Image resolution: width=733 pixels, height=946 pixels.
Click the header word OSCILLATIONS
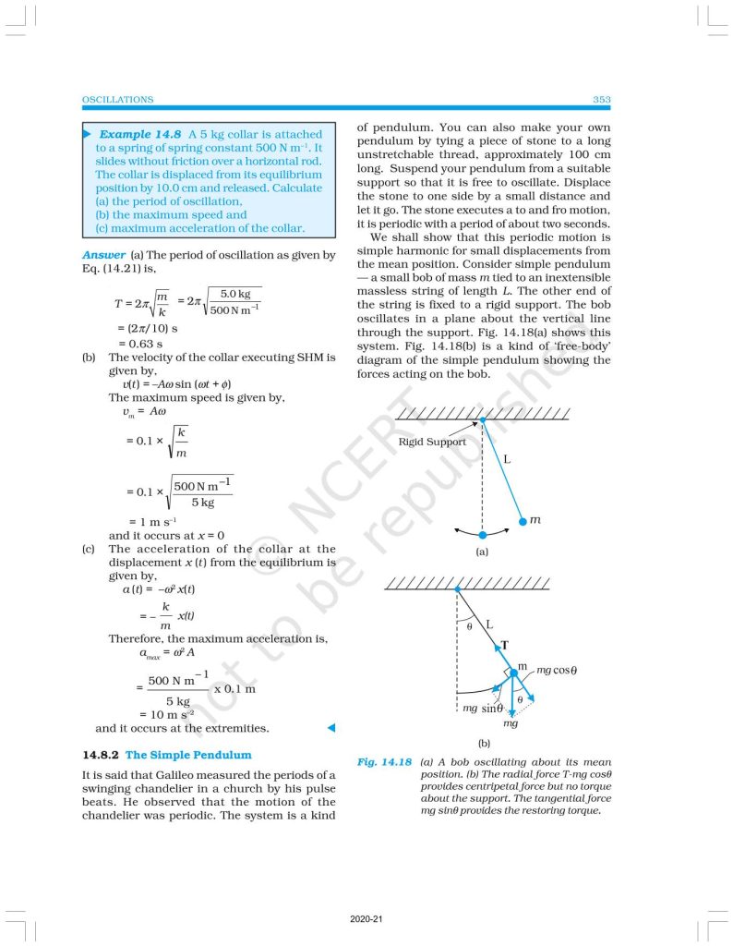tap(118, 100)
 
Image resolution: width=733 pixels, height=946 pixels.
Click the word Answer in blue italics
tap(103, 255)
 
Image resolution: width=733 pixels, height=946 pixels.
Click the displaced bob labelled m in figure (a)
tap(522, 520)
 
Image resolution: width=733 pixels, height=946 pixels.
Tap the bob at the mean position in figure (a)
tap(481, 535)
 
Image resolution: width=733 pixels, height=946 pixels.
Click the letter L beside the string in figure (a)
tap(507, 459)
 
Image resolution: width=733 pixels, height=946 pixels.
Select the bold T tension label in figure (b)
tap(504, 645)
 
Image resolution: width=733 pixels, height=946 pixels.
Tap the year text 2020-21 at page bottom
tap(366, 920)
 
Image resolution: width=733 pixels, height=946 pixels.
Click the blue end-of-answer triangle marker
tap(330, 728)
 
